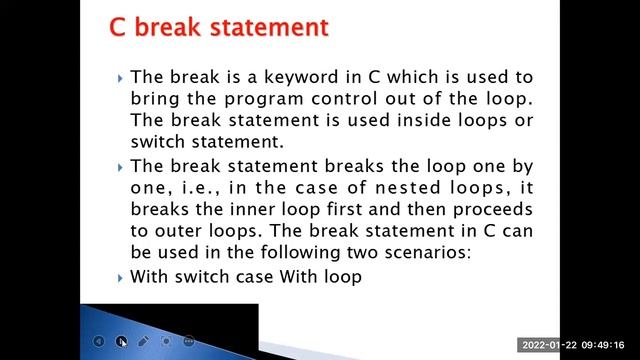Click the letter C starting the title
pyautogui.click(x=118, y=27)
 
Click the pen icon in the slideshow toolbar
pyautogui.click(x=144, y=341)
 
